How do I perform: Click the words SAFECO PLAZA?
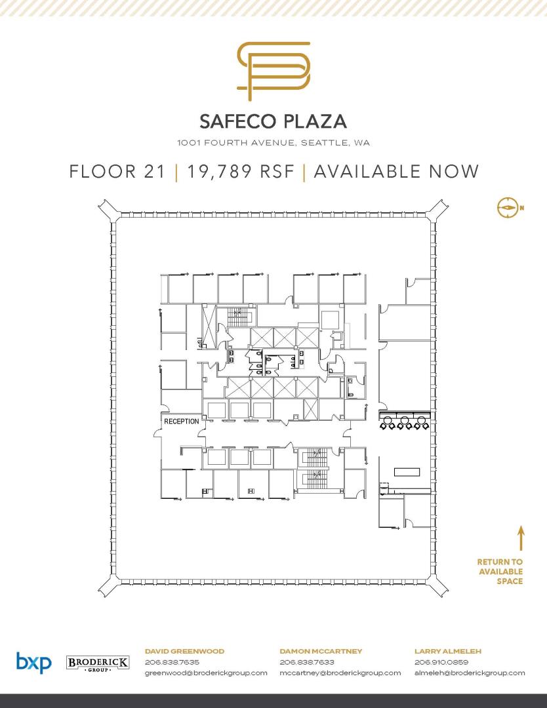tap(273, 121)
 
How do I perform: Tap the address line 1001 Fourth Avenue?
tap(273, 143)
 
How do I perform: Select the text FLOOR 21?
tap(117, 172)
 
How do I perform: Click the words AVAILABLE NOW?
tap(396, 172)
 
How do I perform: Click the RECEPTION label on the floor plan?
tap(182, 422)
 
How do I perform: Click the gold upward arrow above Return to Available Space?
tap(521, 538)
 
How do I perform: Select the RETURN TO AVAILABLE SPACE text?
tap(500, 572)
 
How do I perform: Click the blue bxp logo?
tap(34, 662)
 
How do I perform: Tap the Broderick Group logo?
tap(98, 663)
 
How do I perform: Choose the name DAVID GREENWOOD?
tap(184, 651)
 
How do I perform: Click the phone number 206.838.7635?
tap(172, 662)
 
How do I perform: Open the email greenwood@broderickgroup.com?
tap(206, 673)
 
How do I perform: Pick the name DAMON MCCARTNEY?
tap(321, 651)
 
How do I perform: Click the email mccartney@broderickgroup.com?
tap(340, 673)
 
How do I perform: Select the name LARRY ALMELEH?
tap(448, 651)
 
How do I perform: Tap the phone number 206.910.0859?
tap(441, 662)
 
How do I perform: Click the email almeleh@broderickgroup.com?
tap(470, 673)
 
